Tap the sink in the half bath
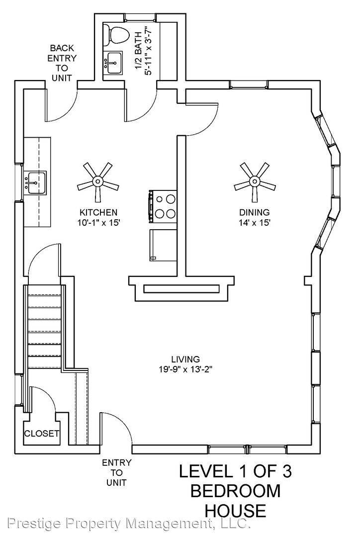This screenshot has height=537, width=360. click(113, 63)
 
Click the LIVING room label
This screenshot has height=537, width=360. click(185, 359)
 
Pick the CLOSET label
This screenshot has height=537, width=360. click(42, 434)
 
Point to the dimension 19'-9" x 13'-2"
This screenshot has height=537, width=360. click(185, 369)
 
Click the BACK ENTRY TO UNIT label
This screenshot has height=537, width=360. click(62, 63)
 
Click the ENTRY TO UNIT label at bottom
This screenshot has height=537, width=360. click(116, 472)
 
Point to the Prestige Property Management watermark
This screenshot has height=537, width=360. click(128, 523)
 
